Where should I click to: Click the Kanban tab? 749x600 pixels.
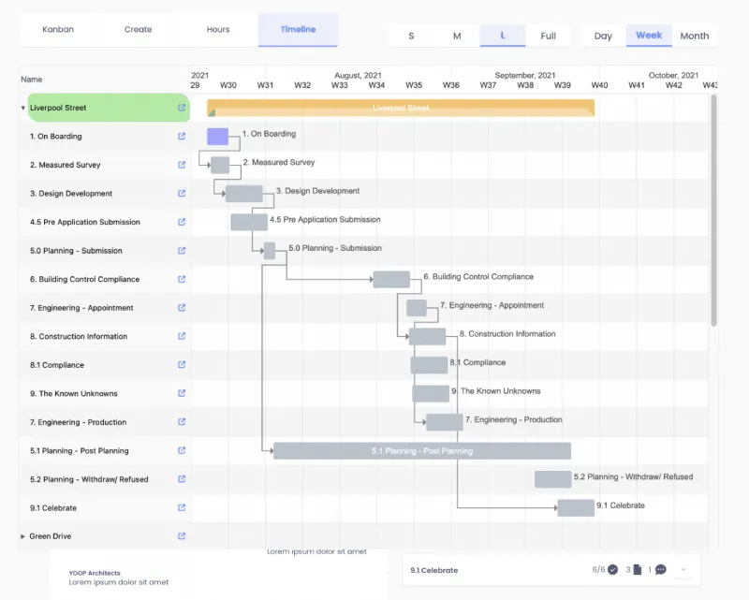[x=58, y=30]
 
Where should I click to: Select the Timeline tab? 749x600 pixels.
[x=298, y=30]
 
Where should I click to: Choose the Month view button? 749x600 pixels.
[x=694, y=36]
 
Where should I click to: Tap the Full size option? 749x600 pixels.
[x=548, y=36]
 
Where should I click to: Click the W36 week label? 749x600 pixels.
[x=450, y=85]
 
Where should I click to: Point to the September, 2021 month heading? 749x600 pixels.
[x=525, y=75]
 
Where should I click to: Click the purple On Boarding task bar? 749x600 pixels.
[x=217, y=137]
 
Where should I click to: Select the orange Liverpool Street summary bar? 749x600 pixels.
[x=401, y=108]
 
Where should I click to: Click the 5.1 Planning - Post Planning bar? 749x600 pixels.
[x=422, y=451]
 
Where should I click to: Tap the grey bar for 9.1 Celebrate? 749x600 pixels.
[x=576, y=508]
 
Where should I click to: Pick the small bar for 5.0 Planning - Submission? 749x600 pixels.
[x=270, y=251]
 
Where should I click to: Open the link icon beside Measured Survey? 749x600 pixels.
[x=182, y=165]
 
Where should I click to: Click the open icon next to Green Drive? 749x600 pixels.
[x=182, y=536]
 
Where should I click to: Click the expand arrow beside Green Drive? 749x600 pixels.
[x=22, y=536]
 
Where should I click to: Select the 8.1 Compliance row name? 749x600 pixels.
[x=57, y=365]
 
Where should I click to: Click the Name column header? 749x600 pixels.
[x=32, y=80]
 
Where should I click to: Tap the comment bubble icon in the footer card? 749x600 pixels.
[x=661, y=569]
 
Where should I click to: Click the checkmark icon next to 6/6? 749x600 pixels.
[x=613, y=569]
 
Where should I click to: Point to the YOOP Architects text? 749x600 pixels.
[x=95, y=573]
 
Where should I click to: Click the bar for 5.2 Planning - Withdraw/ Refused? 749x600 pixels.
[x=552, y=479]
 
